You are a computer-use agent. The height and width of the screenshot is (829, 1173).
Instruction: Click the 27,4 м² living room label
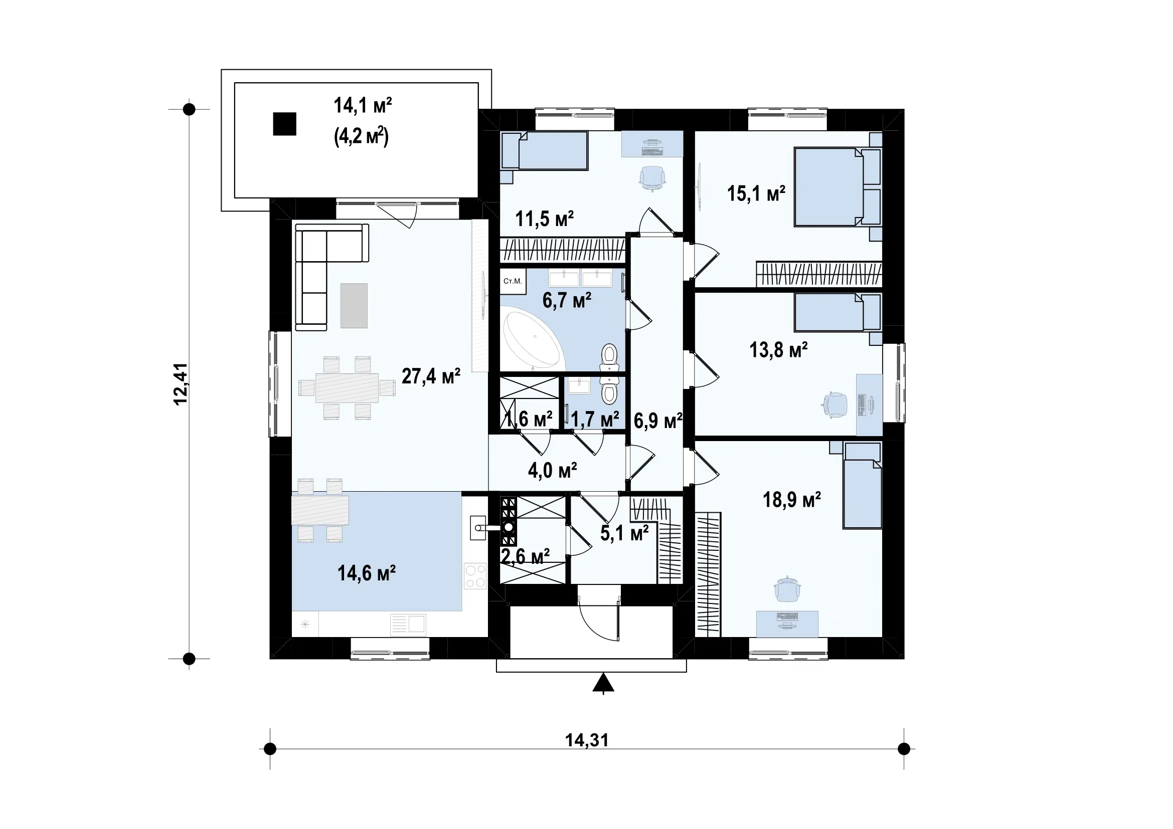pos(431,376)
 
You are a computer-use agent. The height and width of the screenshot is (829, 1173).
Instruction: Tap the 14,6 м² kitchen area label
pos(366,573)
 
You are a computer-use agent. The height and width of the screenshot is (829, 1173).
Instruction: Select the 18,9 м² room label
pos(791,500)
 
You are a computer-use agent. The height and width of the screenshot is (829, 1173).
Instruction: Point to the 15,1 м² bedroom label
pos(756,193)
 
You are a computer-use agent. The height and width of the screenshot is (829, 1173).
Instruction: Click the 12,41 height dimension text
pos(181,384)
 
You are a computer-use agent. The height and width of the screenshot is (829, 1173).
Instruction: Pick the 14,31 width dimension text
pos(587,740)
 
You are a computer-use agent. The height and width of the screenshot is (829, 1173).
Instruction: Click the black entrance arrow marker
pos(603,683)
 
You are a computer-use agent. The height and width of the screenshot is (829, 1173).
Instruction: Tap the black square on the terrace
pos(284,124)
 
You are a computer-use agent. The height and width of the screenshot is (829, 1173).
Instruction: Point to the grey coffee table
pos(354,305)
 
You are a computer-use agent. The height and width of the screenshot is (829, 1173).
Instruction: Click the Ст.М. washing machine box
pos(513,281)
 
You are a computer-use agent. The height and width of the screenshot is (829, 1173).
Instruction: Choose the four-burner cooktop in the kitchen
pos(475,576)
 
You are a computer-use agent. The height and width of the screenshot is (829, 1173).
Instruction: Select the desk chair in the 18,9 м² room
pos(787,589)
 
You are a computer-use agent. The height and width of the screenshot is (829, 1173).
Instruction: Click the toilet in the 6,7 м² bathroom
pos(609,358)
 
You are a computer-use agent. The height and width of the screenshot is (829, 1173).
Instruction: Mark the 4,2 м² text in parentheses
pos(362,137)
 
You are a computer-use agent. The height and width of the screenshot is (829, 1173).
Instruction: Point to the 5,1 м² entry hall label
pos(624,533)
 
